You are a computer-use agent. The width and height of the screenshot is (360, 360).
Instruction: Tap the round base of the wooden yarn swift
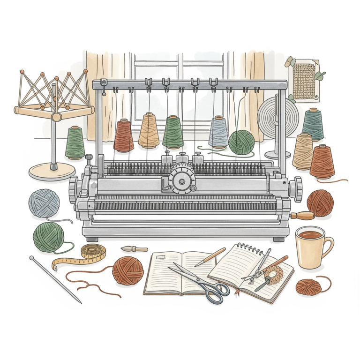(x=52, y=171)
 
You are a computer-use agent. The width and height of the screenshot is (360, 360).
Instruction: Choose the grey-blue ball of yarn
(x=44, y=202)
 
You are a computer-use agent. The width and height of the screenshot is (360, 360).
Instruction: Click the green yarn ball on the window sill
(x=241, y=142)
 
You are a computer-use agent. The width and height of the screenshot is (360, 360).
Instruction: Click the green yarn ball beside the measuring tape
(x=48, y=237)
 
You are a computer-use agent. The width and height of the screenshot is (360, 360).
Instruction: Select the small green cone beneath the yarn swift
(x=75, y=142)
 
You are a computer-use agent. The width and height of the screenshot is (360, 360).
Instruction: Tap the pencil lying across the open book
(x=210, y=257)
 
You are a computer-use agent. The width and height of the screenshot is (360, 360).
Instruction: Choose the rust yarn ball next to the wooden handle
(x=320, y=202)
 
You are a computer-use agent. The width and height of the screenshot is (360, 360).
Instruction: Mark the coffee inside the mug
(x=310, y=234)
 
